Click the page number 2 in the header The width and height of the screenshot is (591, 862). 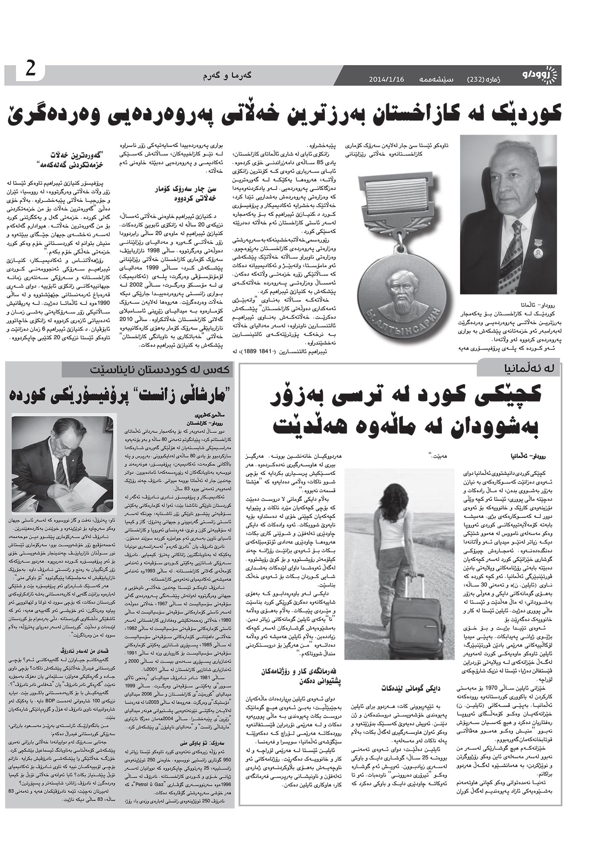pos(31,69)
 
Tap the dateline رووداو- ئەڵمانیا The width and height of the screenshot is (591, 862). pos(529,456)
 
